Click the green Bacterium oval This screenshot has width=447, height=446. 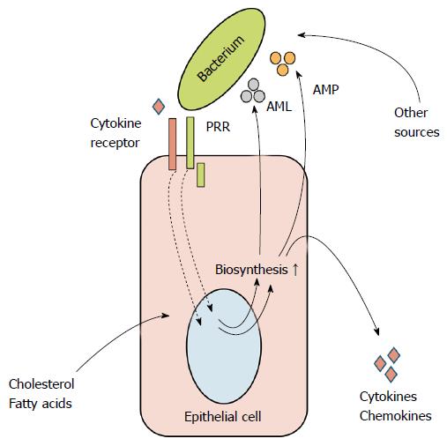[x=221, y=59]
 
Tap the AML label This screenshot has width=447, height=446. [x=279, y=107]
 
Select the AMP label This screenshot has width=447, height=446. [x=325, y=90]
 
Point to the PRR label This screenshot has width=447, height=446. [x=218, y=127]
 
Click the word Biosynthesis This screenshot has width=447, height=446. [x=251, y=270]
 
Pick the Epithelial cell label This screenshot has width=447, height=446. [x=222, y=417]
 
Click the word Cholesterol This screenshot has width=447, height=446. [x=41, y=384]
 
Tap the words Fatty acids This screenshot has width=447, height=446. [x=41, y=404]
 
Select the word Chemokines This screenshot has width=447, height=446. [x=395, y=416]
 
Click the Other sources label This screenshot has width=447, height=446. [x=417, y=123]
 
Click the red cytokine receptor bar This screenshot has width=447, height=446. [x=173, y=144]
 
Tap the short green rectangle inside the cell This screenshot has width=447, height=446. [x=201, y=175]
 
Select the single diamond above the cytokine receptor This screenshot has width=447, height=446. [x=159, y=106]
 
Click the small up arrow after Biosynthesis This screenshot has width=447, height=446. [x=295, y=270]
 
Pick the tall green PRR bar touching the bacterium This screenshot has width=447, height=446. [x=190, y=143]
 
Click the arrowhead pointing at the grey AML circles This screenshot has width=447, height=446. [x=255, y=109]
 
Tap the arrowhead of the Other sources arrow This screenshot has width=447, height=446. [x=301, y=35]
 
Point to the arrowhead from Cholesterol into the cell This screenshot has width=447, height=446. [x=166, y=316]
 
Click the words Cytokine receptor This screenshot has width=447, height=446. [x=115, y=133]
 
